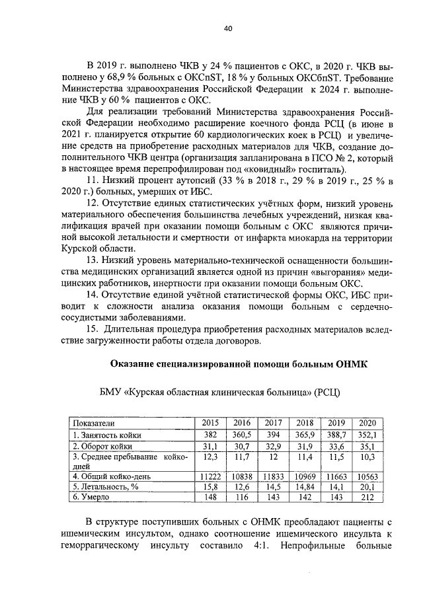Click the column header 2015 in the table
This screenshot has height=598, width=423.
[210, 423]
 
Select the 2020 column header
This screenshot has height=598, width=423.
[365, 423]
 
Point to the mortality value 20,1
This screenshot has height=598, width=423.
[365, 487]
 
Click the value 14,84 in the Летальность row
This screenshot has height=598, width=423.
[303, 487]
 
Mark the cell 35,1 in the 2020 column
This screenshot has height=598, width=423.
[365, 445]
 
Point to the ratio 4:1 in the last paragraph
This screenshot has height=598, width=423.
[258, 546]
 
